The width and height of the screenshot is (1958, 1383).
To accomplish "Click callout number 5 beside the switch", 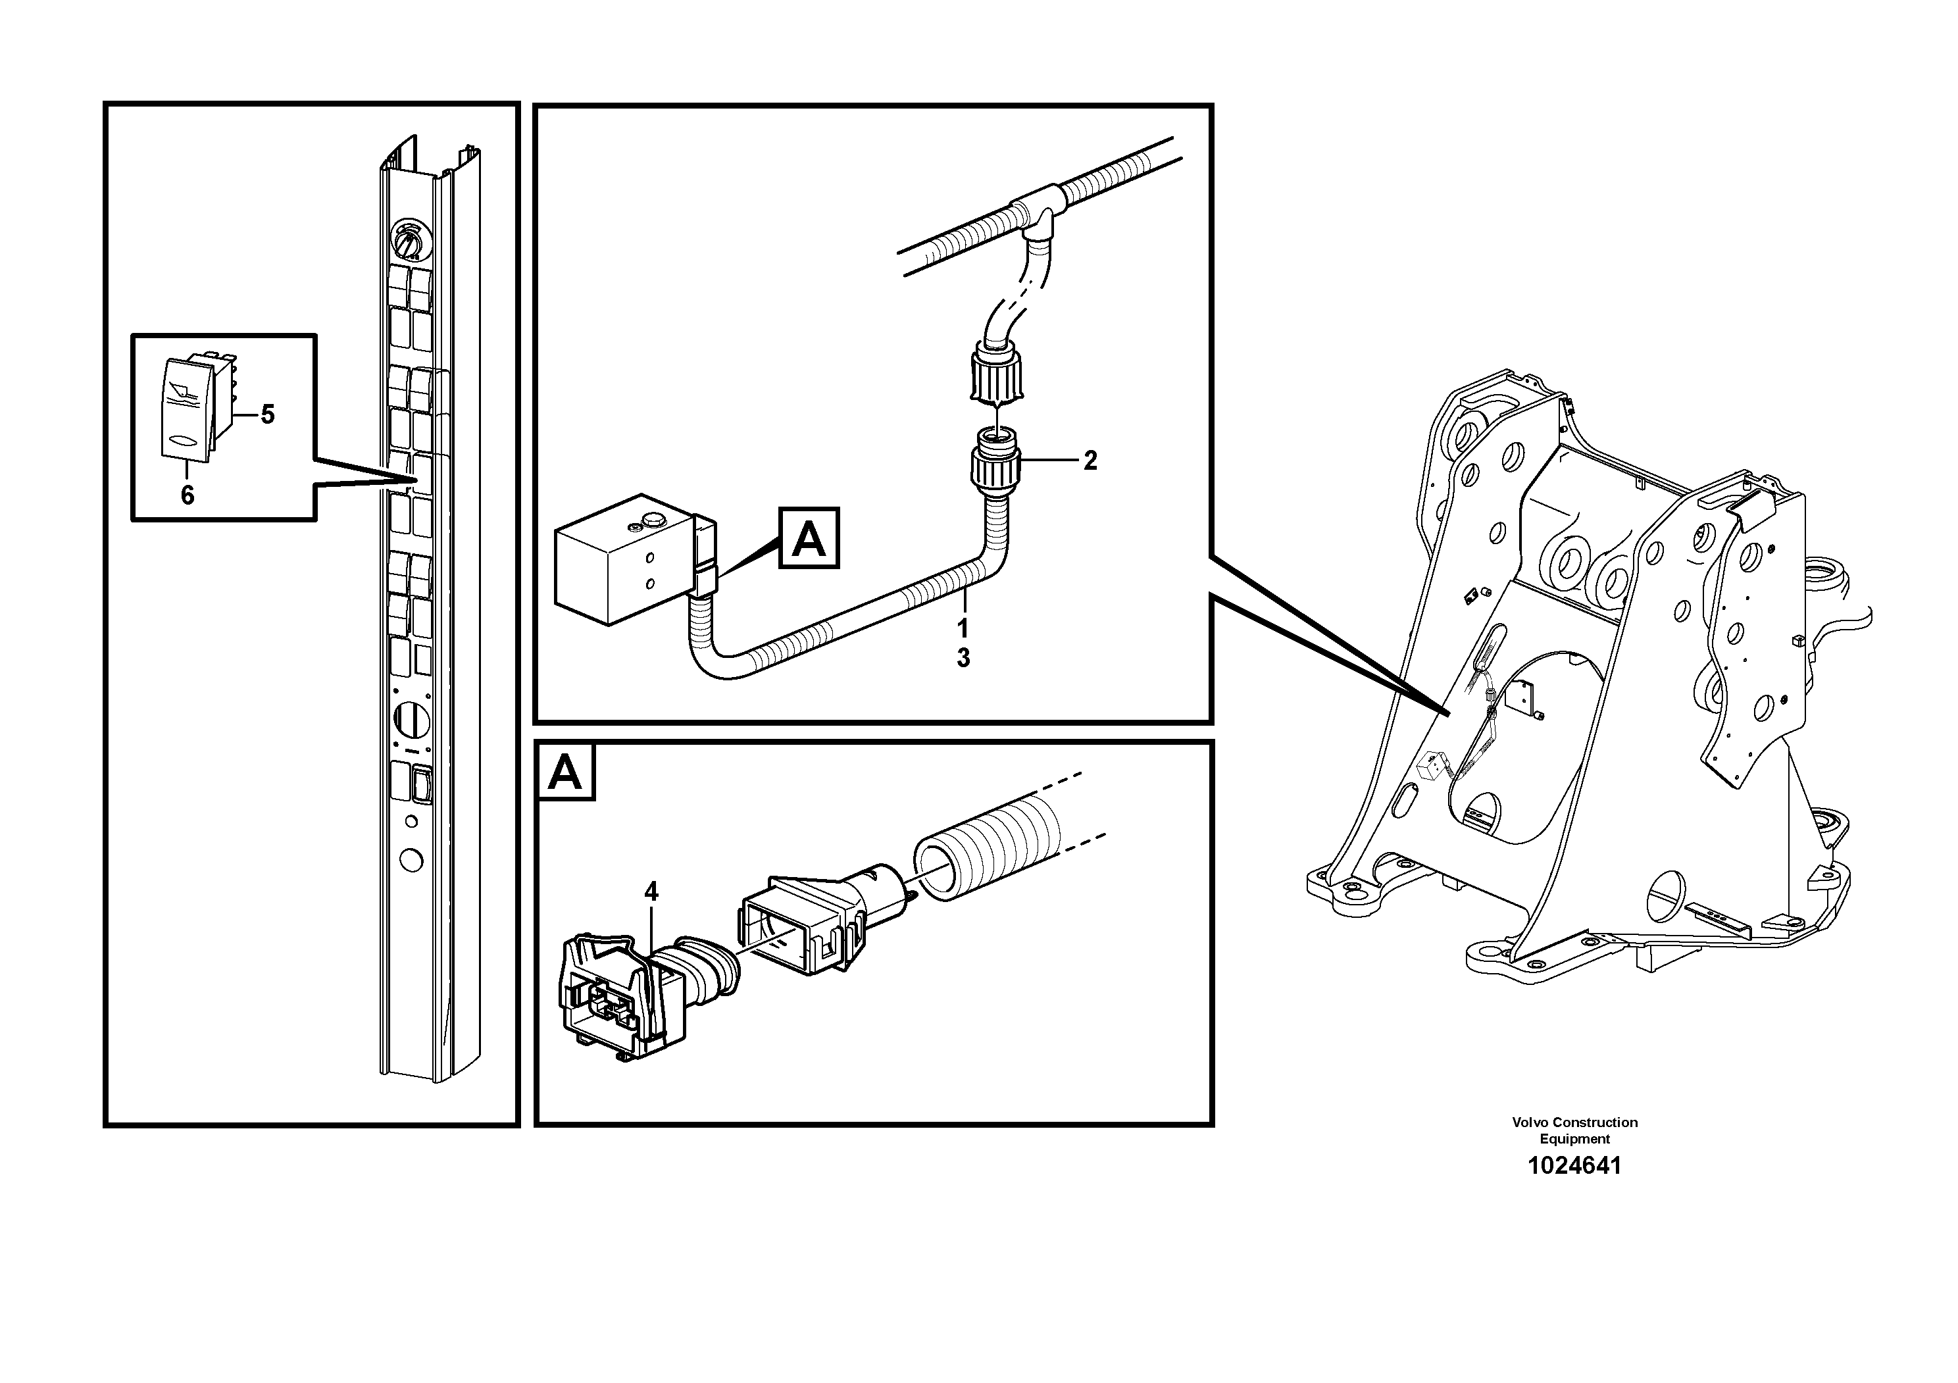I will coord(268,415).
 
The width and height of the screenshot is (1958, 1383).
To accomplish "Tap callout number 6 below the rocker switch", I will coord(188,495).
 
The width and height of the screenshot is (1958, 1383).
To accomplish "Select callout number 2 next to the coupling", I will coord(1090,461).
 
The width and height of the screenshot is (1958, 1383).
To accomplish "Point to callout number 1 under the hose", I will coord(963,629).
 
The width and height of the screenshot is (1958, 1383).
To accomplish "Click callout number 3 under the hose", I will coord(963,658).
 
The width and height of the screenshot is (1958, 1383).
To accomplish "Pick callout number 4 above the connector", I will coord(651,892).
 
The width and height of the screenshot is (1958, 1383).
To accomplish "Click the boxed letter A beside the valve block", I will coord(809,538).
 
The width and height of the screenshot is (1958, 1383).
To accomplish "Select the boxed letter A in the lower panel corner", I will coord(565,772).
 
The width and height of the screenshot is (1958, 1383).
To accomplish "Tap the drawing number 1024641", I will coord(1574,1166).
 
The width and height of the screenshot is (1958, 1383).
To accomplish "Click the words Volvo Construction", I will coord(1574,1122).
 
